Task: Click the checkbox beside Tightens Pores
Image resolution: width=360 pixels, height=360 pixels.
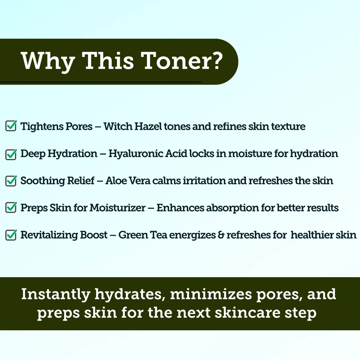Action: click(11, 126)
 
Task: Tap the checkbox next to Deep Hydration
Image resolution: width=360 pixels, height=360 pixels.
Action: click(11, 153)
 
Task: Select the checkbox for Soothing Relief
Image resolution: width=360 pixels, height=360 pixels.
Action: click(11, 181)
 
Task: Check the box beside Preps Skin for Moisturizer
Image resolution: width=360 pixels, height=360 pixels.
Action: click(11, 208)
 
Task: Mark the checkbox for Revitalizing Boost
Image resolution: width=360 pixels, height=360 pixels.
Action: click(11, 235)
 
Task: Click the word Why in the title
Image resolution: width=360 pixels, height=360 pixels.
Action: click(47, 61)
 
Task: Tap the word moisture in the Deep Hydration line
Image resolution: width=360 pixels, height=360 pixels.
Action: click(249, 154)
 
